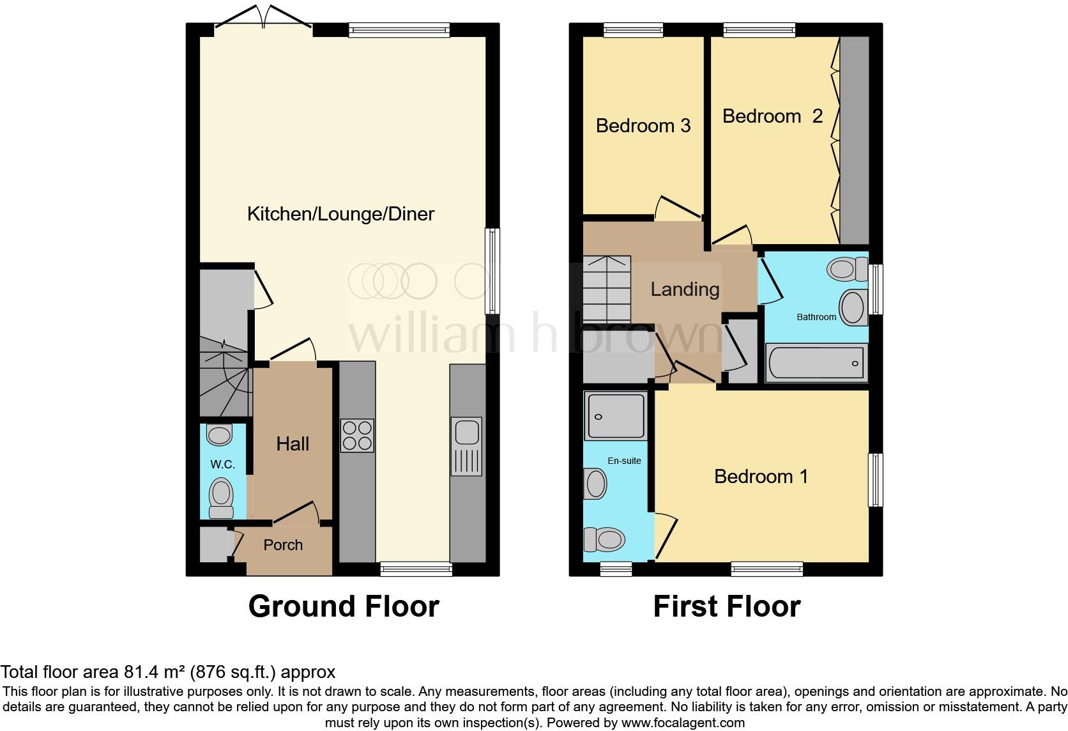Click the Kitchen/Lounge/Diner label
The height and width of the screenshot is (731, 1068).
coord(340,214)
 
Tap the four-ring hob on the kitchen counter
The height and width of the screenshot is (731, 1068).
coord(357,435)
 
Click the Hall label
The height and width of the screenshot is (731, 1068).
coord(293,444)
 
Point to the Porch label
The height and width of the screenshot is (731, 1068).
coord(283,545)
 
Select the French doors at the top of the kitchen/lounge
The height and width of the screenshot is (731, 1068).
coord(264,19)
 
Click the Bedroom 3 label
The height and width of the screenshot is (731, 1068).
coord(643,126)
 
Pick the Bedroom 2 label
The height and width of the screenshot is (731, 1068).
coord(772,116)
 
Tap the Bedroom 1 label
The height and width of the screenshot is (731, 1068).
coord(761,477)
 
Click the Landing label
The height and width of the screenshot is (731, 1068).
coord(685,289)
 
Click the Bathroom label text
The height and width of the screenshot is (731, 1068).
coord(816,317)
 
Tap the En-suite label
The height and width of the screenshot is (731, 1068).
coord(623,461)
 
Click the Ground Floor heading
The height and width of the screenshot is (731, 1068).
coord(344,606)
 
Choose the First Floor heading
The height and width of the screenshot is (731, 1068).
coord(726,606)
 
